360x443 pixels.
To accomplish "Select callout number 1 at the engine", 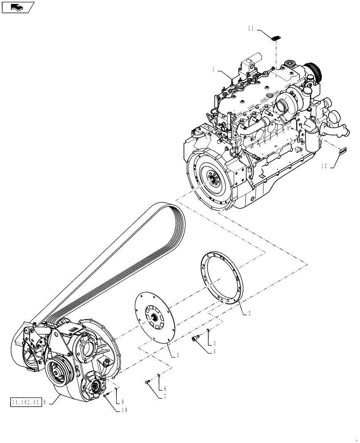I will [214, 70].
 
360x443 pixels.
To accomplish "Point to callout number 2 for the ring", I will [249, 313].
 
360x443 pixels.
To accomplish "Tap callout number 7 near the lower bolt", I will [164, 396].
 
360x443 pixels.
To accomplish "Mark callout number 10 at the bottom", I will [123, 410].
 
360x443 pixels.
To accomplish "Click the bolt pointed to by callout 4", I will [196, 339].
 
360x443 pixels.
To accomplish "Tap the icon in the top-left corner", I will [18, 7].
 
